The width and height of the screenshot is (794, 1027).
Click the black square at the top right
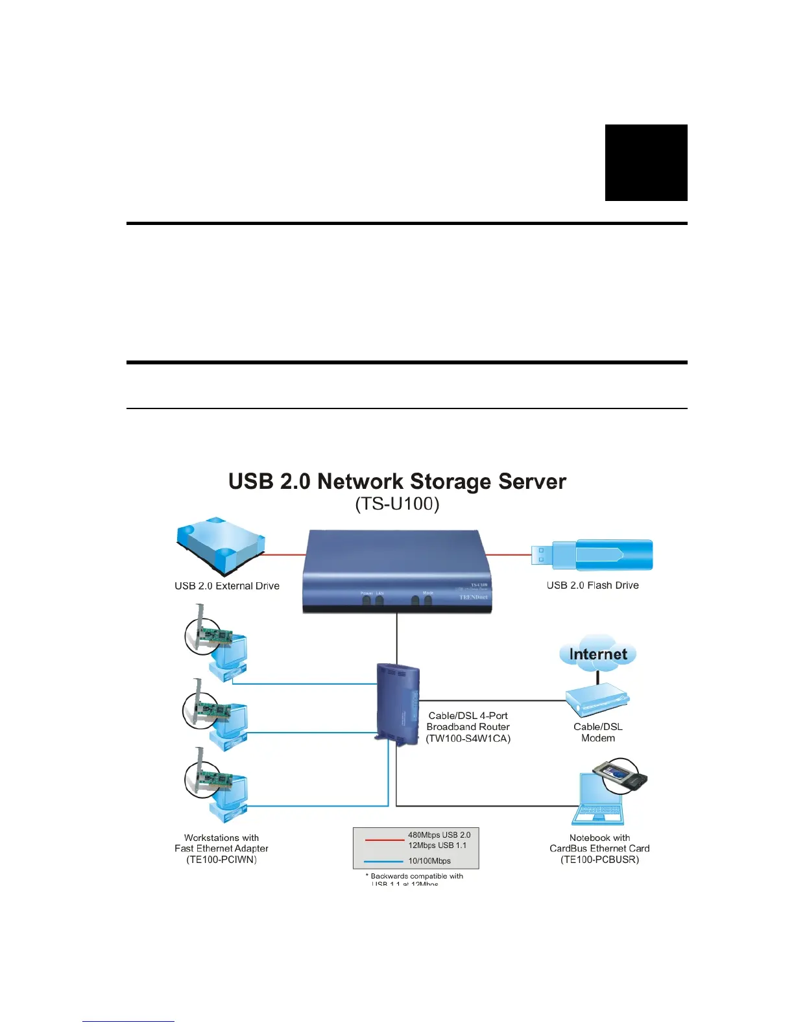[x=646, y=163]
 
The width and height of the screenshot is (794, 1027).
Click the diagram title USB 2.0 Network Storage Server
[x=397, y=482]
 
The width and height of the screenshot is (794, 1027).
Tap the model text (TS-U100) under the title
[x=397, y=504]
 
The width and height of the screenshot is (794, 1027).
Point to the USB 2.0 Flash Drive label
[x=592, y=585]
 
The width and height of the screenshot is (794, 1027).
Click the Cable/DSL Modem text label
[x=597, y=733]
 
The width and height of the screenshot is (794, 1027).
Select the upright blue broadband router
[x=398, y=704]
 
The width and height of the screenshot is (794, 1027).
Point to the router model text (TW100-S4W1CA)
[x=468, y=738]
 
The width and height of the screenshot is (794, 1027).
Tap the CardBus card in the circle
[x=621, y=775]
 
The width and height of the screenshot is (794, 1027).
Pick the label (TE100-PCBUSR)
[x=599, y=860]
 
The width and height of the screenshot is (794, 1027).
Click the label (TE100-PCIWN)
[x=221, y=860]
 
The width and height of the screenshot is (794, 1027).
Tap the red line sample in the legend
[x=384, y=840]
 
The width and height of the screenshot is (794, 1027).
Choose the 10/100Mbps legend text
[x=429, y=861]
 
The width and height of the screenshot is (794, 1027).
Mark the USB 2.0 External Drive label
[x=227, y=586]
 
